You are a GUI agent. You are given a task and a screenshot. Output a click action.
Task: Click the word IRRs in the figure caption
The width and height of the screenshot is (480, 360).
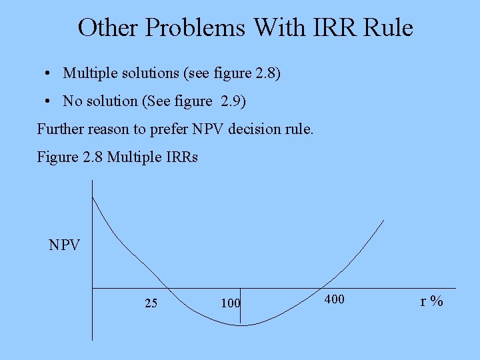tap(179, 158)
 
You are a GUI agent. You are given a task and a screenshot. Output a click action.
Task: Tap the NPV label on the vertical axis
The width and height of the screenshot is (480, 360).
tap(65, 245)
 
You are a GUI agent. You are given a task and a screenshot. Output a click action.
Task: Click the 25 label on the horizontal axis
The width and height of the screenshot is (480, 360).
tap(151, 303)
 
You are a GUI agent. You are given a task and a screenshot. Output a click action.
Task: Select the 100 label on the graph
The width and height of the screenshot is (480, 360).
tap(230, 303)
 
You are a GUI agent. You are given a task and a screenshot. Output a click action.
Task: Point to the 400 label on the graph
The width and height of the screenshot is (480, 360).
tap(334, 299)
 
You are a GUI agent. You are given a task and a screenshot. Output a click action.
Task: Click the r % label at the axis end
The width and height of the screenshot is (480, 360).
tap(431, 301)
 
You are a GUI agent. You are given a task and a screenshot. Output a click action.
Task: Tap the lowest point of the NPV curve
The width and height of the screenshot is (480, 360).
tap(243, 325)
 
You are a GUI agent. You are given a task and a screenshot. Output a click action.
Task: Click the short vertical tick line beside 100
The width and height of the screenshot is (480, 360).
tap(240, 307)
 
